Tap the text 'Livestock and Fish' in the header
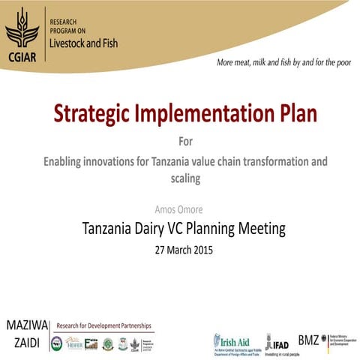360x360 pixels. (x=82, y=43)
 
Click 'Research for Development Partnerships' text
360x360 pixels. (x=105, y=325)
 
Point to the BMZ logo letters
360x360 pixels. (x=307, y=338)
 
